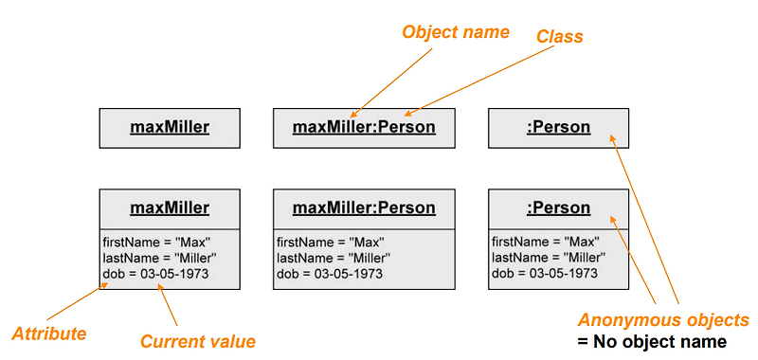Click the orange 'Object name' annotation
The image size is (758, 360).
tap(456, 32)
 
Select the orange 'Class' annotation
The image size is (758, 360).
tap(560, 37)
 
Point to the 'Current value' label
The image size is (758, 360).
tap(198, 340)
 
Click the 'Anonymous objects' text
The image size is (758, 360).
tap(664, 320)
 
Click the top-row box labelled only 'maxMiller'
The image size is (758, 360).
tap(170, 127)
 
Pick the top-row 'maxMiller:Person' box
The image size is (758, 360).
tap(364, 127)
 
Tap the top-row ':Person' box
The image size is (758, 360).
tap(558, 127)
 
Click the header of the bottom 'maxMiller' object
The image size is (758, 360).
tap(170, 207)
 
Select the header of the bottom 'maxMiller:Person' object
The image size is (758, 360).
tap(364, 207)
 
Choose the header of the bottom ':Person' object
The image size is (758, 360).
tap(558, 207)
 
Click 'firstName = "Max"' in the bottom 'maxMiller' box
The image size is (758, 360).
tap(155, 242)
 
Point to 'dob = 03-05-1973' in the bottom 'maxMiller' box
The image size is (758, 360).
tap(155, 274)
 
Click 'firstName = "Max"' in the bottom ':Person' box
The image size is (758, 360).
tap(545, 242)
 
